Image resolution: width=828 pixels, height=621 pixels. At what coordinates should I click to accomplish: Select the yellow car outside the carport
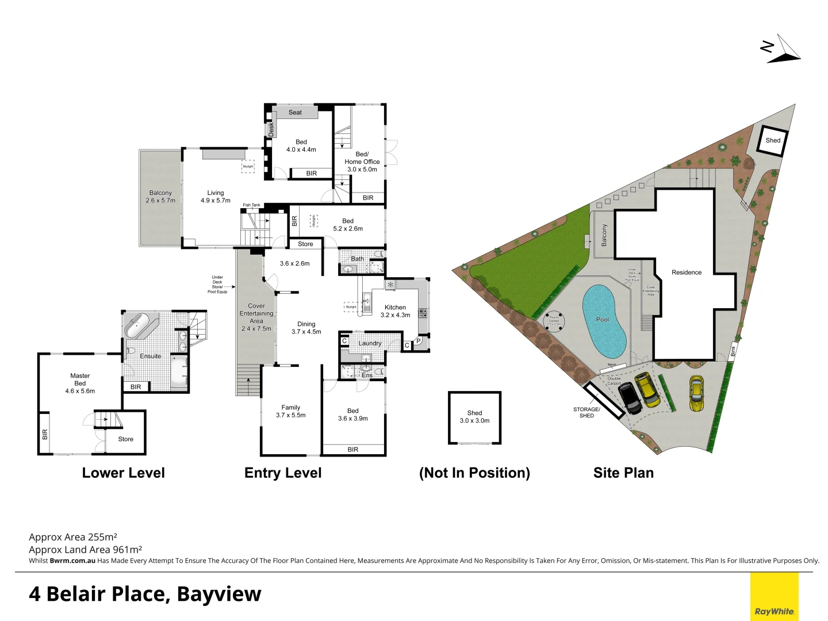coord(696,393)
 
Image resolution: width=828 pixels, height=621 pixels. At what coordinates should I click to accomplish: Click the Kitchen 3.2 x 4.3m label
coord(395,311)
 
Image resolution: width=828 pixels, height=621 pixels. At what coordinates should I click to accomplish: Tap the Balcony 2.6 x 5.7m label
coord(160,197)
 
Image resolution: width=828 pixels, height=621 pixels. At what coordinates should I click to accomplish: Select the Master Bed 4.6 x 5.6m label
coord(80,383)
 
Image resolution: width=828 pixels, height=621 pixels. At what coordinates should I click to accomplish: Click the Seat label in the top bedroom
coord(295,112)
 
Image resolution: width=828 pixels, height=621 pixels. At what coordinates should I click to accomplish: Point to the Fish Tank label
coord(251,205)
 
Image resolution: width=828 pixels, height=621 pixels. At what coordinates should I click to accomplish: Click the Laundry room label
coord(370,343)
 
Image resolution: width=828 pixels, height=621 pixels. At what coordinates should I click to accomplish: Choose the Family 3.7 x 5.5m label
coord(290,411)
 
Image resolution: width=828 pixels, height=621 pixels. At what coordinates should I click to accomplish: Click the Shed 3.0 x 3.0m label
coord(474,417)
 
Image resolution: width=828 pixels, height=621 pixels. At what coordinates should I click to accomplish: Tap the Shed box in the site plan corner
coord(772,140)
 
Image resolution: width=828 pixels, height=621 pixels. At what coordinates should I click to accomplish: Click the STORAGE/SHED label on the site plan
coord(586,412)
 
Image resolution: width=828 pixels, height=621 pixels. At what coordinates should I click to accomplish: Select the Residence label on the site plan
coord(687,273)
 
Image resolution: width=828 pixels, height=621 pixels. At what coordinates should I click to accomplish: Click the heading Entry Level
coord(283,473)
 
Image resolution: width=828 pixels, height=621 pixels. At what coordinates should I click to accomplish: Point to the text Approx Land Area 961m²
coord(85,549)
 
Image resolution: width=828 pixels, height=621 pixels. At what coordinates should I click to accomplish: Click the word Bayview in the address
coord(219,594)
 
